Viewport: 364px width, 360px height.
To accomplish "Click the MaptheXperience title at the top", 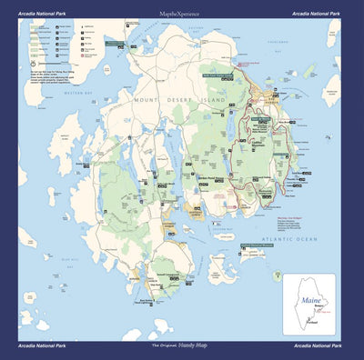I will click(x=179, y=14).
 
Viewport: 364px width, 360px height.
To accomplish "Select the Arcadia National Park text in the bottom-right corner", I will click(x=317, y=346).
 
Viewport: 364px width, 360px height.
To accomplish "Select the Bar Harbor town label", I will click(x=273, y=103).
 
